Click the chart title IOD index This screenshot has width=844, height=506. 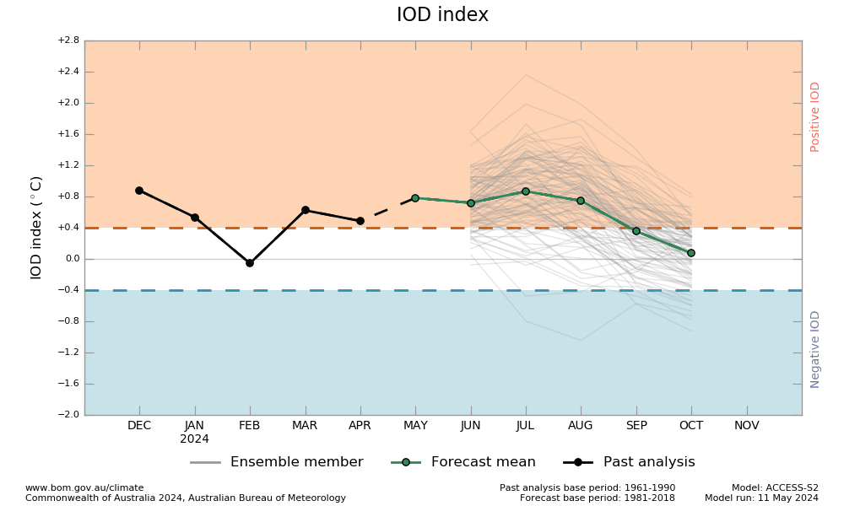tap(442, 15)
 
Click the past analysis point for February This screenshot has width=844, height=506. tap(250, 263)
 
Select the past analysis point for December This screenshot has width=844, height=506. tap(139, 191)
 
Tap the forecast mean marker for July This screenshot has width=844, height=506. tap(526, 191)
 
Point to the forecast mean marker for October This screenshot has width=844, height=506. tap(691, 253)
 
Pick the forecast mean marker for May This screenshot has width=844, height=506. tap(415, 198)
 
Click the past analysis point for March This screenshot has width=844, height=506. tap(306, 210)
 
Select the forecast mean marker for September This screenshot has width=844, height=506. tap(636, 231)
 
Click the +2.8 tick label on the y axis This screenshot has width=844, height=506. tap(68, 40)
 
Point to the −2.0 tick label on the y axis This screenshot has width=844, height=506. tap(68, 415)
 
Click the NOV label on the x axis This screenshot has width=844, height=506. tap(747, 426)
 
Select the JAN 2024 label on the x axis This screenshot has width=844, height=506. tap(195, 432)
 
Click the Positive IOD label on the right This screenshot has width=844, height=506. tap(815, 116)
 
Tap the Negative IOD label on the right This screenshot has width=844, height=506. tap(815, 349)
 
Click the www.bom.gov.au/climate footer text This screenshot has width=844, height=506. tap(84, 487)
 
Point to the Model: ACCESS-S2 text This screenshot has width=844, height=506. tap(775, 487)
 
